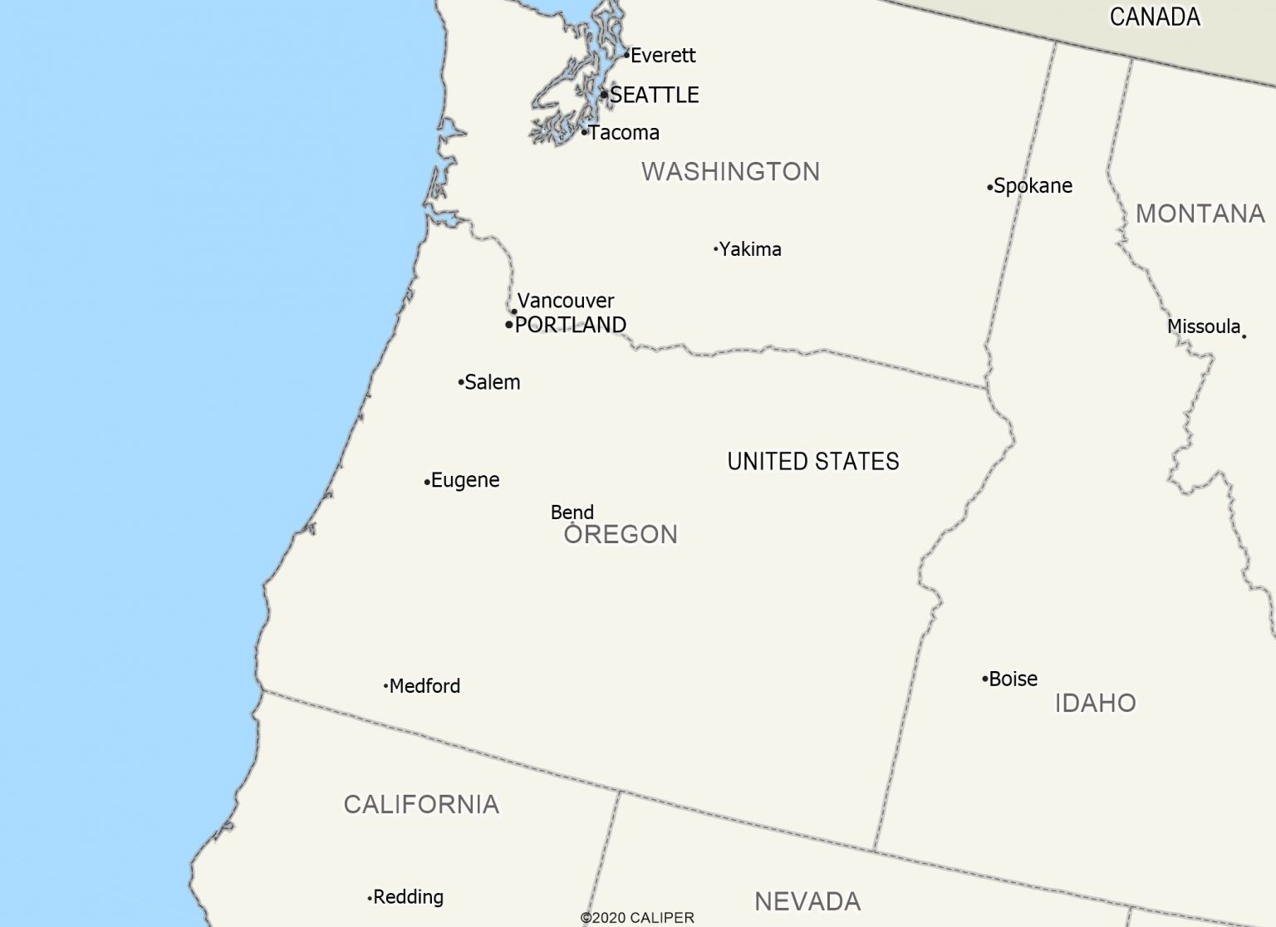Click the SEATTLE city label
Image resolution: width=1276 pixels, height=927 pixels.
point(654,96)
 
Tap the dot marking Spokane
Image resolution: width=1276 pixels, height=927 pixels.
point(989,188)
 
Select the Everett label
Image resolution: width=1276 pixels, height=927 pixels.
point(663,56)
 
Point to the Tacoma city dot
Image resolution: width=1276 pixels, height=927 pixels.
point(584,132)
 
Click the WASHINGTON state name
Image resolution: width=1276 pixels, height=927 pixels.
point(730,172)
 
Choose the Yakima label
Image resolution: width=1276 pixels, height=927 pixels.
point(750,249)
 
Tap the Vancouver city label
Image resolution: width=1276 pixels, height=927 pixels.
point(566,301)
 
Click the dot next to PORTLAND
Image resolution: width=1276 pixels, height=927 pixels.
point(509,325)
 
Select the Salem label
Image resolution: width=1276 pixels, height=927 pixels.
point(493,382)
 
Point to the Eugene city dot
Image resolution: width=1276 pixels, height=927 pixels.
point(427,482)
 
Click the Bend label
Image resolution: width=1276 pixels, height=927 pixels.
point(572,513)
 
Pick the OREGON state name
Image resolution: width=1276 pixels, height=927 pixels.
point(621,534)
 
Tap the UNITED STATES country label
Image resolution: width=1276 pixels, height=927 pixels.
point(813,462)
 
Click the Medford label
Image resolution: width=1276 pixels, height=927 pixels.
point(425,686)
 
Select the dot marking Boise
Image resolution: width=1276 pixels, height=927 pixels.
point(984,679)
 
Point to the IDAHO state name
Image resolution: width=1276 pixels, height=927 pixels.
point(1095,704)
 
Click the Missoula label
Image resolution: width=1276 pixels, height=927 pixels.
point(1204,326)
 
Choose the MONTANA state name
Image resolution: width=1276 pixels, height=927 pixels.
point(1200,214)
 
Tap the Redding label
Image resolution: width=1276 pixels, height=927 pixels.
point(408,897)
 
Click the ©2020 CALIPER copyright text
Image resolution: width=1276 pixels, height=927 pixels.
point(637,918)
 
